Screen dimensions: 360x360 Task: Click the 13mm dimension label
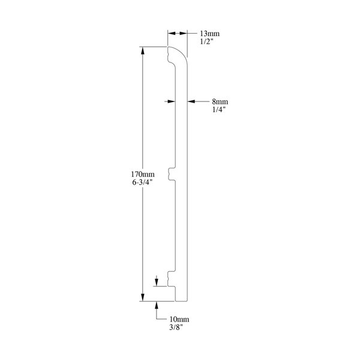[209, 34]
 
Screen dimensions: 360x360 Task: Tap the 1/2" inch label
[206, 41]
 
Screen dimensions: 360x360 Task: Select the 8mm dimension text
[220, 101]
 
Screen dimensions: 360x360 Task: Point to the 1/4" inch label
[218, 110]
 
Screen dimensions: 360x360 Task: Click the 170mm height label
[143, 174]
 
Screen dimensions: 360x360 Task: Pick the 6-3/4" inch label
[142, 182]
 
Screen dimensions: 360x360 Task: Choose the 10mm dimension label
[179, 319]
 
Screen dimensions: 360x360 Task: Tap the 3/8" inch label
[176, 327]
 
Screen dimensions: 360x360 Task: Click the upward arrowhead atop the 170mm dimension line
[143, 51]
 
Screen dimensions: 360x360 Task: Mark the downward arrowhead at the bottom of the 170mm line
[143, 297]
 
